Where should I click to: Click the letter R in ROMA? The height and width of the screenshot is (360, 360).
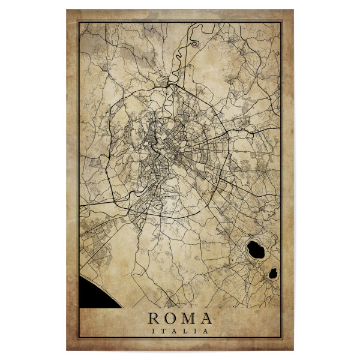[154, 319]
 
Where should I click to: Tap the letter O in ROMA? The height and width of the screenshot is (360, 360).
[170, 319]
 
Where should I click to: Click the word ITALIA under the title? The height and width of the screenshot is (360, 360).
[180, 331]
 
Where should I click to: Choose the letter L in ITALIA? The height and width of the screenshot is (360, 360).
[187, 331]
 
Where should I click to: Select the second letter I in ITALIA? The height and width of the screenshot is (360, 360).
[196, 331]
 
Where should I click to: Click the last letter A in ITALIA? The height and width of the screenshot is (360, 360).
[206, 331]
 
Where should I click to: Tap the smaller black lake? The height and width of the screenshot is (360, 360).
[273, 274]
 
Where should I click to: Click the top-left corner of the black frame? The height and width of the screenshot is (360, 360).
[78, 22]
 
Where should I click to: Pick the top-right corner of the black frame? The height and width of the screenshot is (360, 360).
[282, 22]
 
